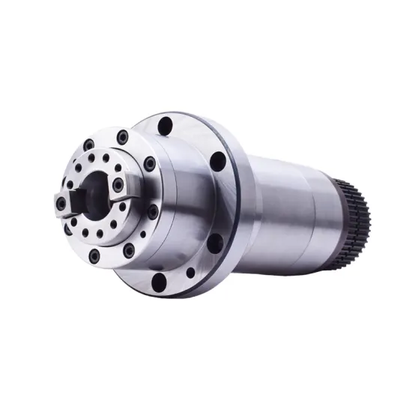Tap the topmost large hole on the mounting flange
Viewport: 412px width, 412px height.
[166, 125]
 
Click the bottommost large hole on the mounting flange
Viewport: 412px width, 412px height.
[159, 282]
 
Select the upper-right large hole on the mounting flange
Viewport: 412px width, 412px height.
[218, 160]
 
